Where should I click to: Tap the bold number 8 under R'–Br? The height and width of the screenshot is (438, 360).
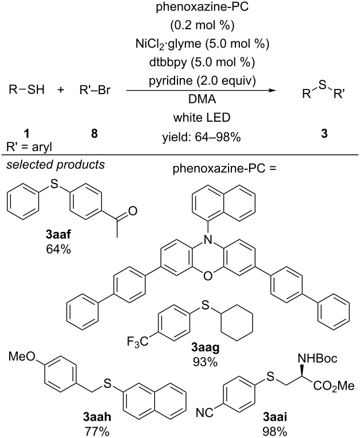[95, 134]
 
